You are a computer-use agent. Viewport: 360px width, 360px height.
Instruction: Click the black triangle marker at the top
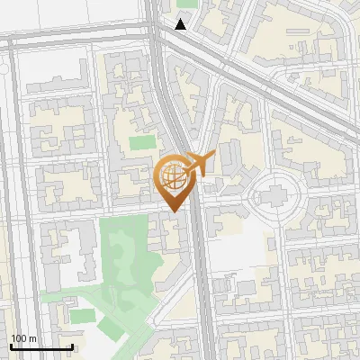(182, 24)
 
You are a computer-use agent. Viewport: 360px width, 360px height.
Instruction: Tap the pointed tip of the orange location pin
(174, 211)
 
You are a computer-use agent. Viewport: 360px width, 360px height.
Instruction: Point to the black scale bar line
(41, 346)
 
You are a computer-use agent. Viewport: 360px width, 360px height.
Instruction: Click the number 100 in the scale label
(19, 338)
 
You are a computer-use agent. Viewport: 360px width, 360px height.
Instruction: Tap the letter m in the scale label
(32, 338)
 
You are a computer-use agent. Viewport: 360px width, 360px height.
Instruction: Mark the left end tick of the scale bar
(11, 346)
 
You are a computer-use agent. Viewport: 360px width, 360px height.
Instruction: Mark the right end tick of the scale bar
(72, 346)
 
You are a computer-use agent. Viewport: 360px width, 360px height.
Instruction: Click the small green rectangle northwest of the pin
(141, 142)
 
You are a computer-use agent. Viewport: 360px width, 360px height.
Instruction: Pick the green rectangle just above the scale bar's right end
(82, 316)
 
